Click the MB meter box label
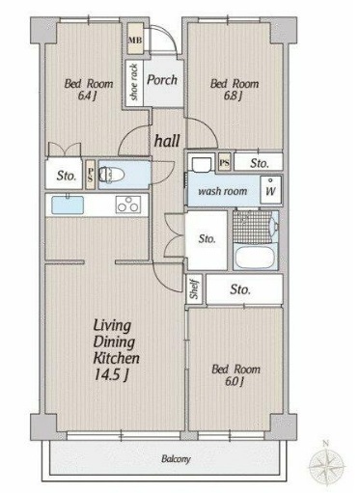(x=135, y=41)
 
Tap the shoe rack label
(x=134, y=82)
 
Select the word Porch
(x=162, y=80)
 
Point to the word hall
(x=167, y=141)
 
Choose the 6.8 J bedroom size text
(x=233, y=96)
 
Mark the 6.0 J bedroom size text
(x=235, y=381)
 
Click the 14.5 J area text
(x=111, y=374)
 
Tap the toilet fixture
(x=111, y=175)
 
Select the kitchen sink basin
(x=68, y=205)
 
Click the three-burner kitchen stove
(x=128, y=205)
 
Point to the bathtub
(x=254, y=257)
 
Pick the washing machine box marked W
(x=270, y=190)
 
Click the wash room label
(x=223, y=191)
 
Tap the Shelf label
(x=194, y=289)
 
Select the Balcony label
(x=176, y=459)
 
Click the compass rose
(x=326, y=465)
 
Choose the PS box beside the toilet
(x=91, y=175)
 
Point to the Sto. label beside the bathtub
(x=207, y=239)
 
